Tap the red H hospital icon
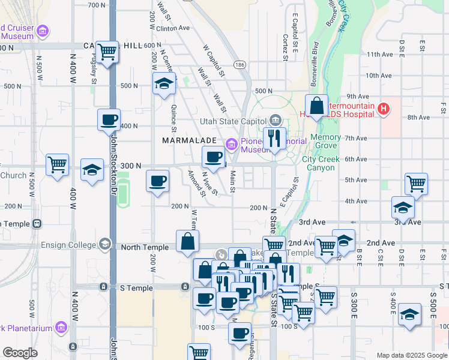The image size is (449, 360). [384, 109]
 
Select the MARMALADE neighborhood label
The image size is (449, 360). [189, 140]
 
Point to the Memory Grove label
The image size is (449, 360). [325, 142]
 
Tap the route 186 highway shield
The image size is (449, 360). [240, 64]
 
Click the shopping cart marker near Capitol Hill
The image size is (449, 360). [107, 52]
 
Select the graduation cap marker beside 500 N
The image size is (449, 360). [163, 85]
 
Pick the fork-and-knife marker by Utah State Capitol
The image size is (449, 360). [275, 139]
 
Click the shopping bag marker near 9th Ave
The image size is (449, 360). [316, 106]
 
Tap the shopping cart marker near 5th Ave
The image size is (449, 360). [415, 184]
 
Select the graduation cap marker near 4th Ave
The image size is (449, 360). [403, 208]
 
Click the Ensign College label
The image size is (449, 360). [68, 245]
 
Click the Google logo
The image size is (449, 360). [20, 353]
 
